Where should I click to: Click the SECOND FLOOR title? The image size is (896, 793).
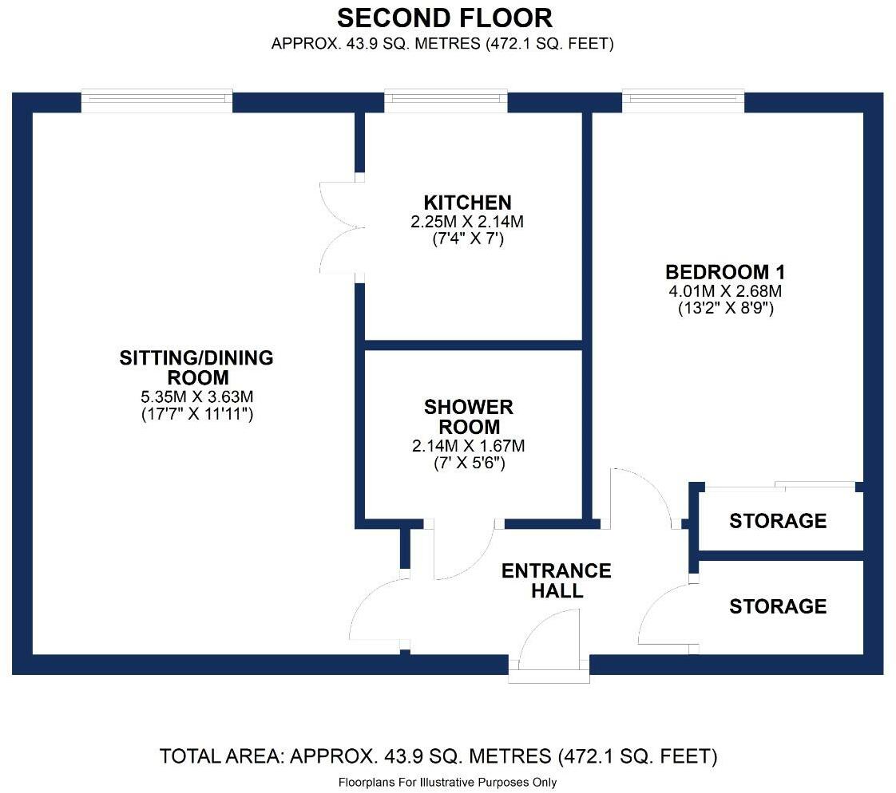pos(444,18)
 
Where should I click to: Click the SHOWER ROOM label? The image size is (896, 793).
pos(468,417)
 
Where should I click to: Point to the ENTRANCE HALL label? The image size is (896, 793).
pos(556,581)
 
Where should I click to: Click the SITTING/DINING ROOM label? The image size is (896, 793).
pos(196,367)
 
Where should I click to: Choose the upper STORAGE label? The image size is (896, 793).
pos(778,522)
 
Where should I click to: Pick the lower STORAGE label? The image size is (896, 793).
pos(778,607)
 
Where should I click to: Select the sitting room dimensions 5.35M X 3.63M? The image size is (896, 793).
pos(196,396)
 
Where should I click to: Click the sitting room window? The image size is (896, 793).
pos(157,100)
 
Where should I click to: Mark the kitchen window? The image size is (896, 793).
pos(446,100)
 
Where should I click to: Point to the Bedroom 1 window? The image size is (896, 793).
pos(683,100)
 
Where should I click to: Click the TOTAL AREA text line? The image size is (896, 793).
pos(438,756)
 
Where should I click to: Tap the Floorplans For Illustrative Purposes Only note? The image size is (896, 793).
pos(447,783)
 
